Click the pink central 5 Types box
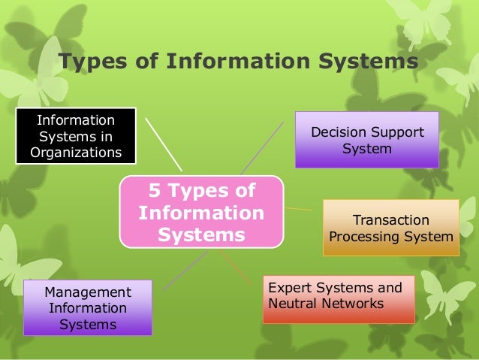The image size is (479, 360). (201, 213)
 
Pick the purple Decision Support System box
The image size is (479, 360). (367, 140)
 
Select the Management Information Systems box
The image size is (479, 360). (88, 308)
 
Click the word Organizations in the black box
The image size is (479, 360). (76, 153)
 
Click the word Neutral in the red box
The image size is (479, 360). (291, 304)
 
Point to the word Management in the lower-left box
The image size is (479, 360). (88, 292)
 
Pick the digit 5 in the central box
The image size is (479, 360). (152, 191)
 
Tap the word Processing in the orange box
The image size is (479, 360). (362, 237)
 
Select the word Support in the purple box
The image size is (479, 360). (395, 132)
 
